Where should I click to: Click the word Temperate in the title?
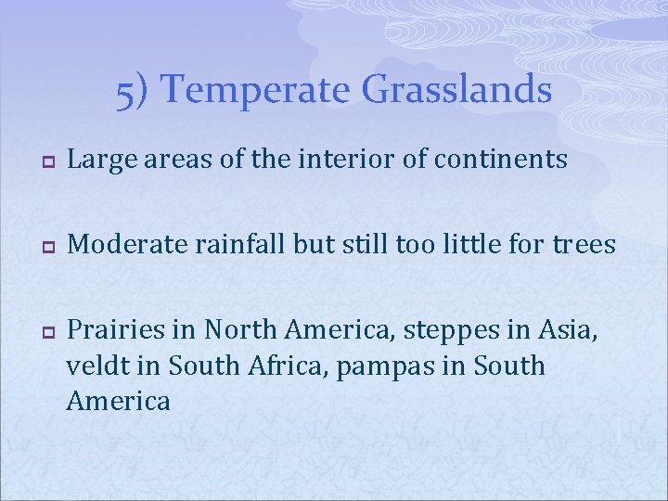[260, 91]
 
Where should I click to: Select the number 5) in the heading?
[137, 91]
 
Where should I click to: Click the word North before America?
[238, 329]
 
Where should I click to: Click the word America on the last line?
[119, 401]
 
